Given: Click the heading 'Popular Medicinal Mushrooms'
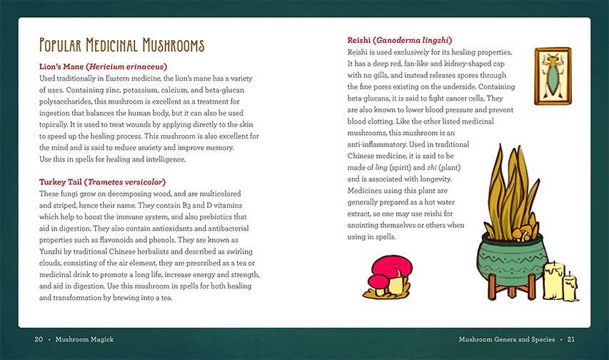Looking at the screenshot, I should click(121, 46).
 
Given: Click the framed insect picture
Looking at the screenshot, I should click(552, 76).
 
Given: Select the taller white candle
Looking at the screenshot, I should click(553, 280).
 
